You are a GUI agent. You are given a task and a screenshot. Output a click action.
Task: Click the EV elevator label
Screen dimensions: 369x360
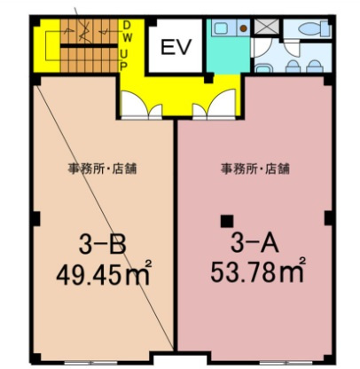coord(176,48)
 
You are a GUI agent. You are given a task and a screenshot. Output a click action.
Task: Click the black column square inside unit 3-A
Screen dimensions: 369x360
coord(228,220)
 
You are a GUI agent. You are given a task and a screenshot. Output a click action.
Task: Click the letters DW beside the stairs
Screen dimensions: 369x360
coord(128,32)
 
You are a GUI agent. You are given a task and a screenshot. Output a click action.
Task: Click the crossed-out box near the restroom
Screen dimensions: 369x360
coord(264,26)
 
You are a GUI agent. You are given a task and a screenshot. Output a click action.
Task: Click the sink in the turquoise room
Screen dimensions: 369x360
coord(223,27)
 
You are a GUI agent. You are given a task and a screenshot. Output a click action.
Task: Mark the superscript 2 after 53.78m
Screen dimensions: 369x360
coord(303,260)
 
